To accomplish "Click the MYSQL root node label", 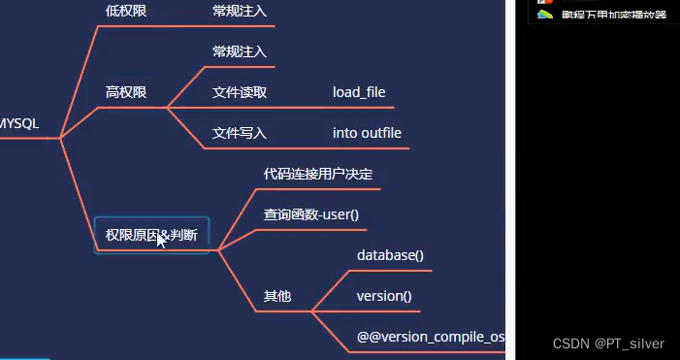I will [19, 123].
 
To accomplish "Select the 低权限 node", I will [126, 12].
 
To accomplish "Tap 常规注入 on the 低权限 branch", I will [240, 12].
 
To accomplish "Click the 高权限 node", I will [126, 92].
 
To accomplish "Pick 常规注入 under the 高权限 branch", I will [240, 50].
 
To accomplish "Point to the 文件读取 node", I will [240, 92].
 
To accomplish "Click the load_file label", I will [359, 92].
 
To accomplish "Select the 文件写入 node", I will [240, 133].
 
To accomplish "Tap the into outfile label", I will [367, 133].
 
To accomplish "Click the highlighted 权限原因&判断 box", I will [151, 235].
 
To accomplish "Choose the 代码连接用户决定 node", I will [318, 174].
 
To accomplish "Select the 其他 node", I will [277, 296].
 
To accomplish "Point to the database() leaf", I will [390, 255].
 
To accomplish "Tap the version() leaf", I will [384, 296].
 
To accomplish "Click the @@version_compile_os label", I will [431, 337].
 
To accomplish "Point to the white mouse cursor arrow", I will [162, 240].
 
